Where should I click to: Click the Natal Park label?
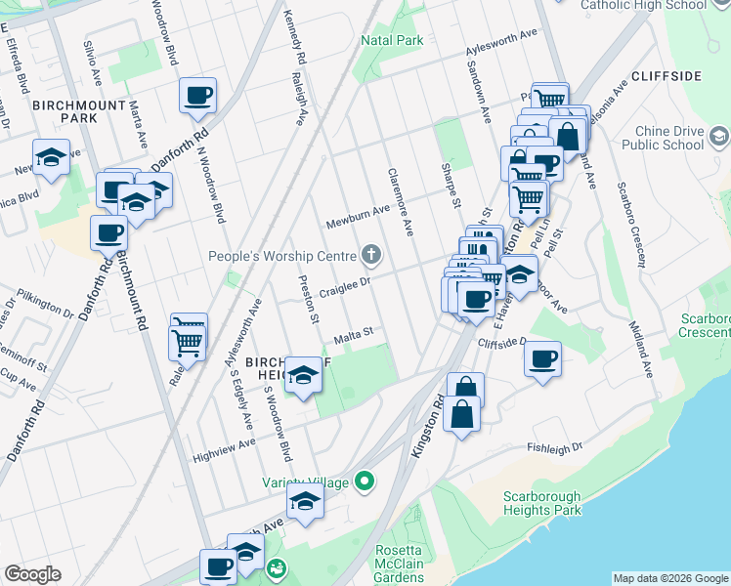coord(392,40)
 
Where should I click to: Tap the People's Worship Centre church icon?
coord(370,256)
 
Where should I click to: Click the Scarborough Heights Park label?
coord(542,503)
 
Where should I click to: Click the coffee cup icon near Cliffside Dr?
coord(542,358)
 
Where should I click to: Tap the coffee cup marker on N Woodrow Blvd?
coord(198,95)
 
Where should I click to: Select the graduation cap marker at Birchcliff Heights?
coord(304,375)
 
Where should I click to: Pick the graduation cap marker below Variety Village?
coord(305,503)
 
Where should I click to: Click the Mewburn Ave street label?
coord(358,208)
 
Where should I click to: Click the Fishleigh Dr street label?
coord(554,447)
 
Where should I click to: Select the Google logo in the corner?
coord(32,574)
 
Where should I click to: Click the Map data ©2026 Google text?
coord(669,578)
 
